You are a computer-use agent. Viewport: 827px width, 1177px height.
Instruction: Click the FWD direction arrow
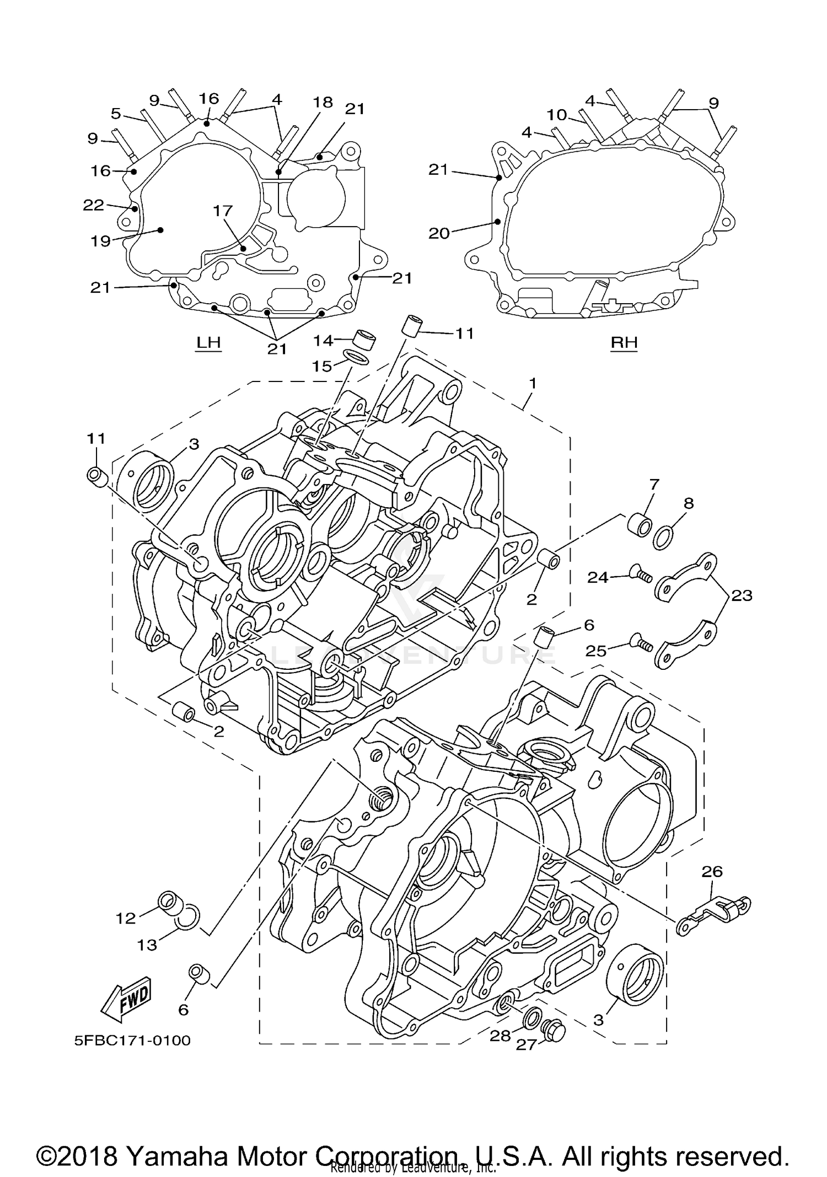[126, 998]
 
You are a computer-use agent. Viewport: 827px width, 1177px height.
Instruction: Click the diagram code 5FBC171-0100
[132, 1040]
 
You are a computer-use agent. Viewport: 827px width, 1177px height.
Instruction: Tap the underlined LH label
[208, 343]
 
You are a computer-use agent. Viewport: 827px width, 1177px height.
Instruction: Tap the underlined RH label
[624, 343]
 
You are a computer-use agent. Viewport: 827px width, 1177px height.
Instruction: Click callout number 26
[712, 872]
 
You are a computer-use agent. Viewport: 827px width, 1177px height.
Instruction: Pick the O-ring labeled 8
[664, 536]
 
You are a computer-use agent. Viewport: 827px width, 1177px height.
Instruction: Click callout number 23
[742, 595]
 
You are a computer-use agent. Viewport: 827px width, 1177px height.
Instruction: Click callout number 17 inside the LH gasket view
[223, 211]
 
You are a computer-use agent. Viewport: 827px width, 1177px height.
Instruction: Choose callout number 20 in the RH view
[439, 233]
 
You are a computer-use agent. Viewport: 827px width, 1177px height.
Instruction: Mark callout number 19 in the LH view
[101, 240]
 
